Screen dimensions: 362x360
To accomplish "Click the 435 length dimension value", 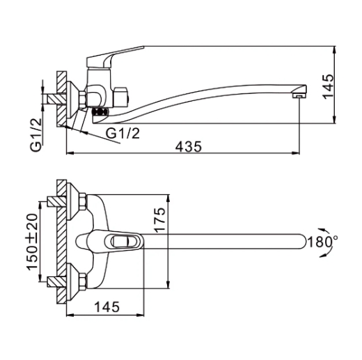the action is click(x=189, y=147).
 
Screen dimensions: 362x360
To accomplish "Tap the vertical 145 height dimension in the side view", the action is click(x=329, y=86).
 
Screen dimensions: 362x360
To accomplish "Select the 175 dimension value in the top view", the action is click(x=160, y=220).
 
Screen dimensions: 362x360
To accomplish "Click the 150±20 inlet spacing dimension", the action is click(x=32, y=242).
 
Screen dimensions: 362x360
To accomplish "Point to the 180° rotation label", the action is click(x=322, y=242).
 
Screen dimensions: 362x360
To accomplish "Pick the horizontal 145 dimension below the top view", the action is click(x=107, y=306).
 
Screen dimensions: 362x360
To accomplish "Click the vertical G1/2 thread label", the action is click(x=36, y=135).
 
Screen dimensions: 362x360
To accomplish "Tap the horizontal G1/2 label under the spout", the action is click(x=123, y=133).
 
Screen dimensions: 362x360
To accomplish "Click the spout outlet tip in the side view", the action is click(x=299, y=95).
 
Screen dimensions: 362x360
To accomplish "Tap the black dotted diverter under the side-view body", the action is click(x=100, y=111).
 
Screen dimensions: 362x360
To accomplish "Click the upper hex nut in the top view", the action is click(x=83, y=201).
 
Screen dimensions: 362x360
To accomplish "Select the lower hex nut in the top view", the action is click(x=83, y=282).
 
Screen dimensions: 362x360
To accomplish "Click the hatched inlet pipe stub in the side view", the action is click(x=57, y=99).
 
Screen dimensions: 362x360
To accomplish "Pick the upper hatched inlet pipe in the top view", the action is click(x=57, y=201).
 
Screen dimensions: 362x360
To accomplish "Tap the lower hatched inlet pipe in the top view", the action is click(x=57, y=282).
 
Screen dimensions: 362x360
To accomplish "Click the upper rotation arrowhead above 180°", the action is click(x=322, y=230).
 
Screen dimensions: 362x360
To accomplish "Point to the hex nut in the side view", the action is click(x=83, y=100).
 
